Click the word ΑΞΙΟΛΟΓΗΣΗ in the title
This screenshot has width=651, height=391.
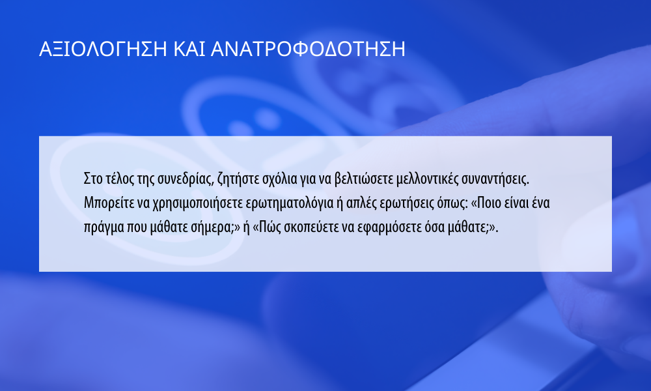pyautogui.click(x=103, y=49)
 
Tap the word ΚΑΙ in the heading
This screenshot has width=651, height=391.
pyautogui.click(x=189, y=49)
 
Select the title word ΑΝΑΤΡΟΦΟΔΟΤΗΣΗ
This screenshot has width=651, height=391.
pyautogui.click(x=308, y=49)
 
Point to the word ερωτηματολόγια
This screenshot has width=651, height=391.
pyautogui.click(x=290, y=203)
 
